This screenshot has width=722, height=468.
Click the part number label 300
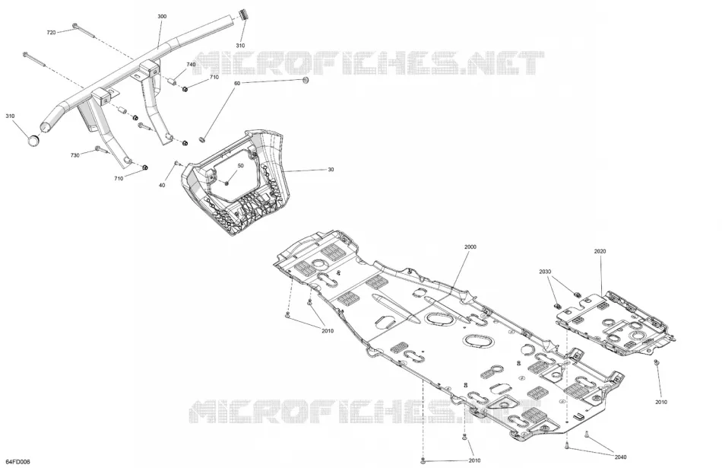point(162,17)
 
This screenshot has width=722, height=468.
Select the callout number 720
point(51,32)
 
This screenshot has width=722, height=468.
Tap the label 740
point(191,65)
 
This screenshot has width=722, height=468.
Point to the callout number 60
point(237,84)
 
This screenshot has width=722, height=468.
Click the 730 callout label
point(74,155)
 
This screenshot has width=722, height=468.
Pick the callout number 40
point(162,186)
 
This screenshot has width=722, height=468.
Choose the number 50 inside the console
point(240,166)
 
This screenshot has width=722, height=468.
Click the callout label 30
point(331,170)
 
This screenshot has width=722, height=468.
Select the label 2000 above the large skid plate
point(470,247)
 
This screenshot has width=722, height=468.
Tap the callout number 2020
point(600,252)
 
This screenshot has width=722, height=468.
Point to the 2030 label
point(545,272)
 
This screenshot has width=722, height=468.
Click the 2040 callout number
point(620,457)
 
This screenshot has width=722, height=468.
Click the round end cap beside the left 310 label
point(33,140)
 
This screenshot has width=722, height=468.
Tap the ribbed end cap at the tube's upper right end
point(242,14)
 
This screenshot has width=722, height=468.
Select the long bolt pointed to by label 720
point(82,30)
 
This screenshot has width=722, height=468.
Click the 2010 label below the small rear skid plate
point(661,402)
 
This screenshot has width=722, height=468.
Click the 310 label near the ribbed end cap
point(240,46)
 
